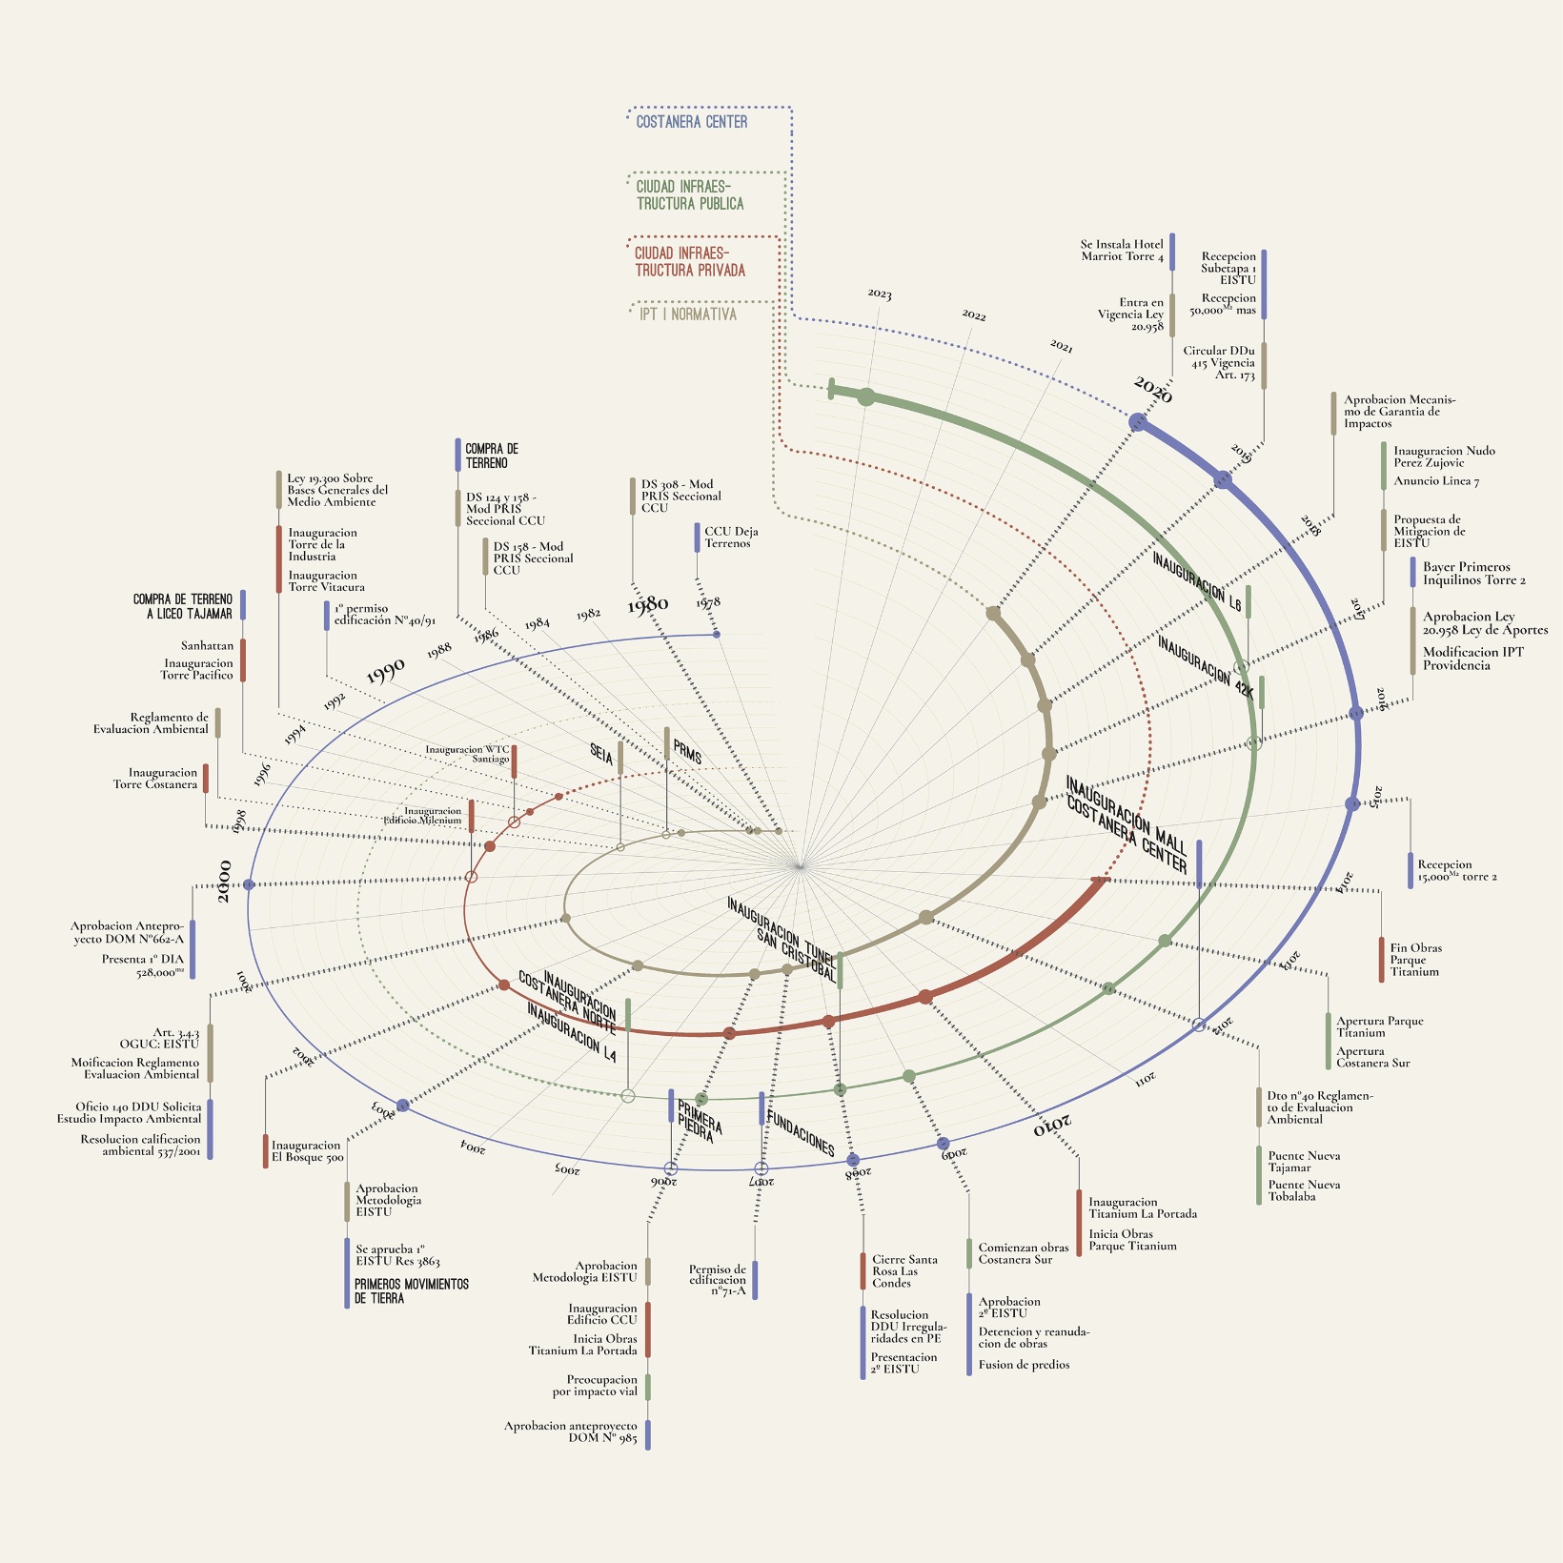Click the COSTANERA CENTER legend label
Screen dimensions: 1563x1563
click(692, 122)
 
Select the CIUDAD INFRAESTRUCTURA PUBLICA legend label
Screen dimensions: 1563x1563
click(690, 195)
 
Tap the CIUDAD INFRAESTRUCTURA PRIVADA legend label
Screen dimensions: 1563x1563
click(690, 262)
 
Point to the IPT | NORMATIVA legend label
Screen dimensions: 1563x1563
click(688, 315)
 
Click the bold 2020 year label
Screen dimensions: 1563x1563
click(1153, 390)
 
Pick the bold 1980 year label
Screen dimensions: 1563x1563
click(648, 604)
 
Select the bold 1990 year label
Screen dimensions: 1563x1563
click(386, 671)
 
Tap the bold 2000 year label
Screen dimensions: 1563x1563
click(224, 881)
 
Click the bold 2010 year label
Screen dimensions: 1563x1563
click(1052, 1124)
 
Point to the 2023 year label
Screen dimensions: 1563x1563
click(880, 294)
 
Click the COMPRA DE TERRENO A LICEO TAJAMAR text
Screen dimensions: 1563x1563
click(183, 606)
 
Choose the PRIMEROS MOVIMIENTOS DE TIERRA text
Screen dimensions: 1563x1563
click(412, 1291)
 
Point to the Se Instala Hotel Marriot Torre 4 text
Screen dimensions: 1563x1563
click(1122, 251)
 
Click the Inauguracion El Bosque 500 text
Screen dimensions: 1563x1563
click(307, 1151)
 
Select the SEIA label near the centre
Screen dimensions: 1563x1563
click(601, 754)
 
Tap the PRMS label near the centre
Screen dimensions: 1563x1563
click(687, 751)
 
